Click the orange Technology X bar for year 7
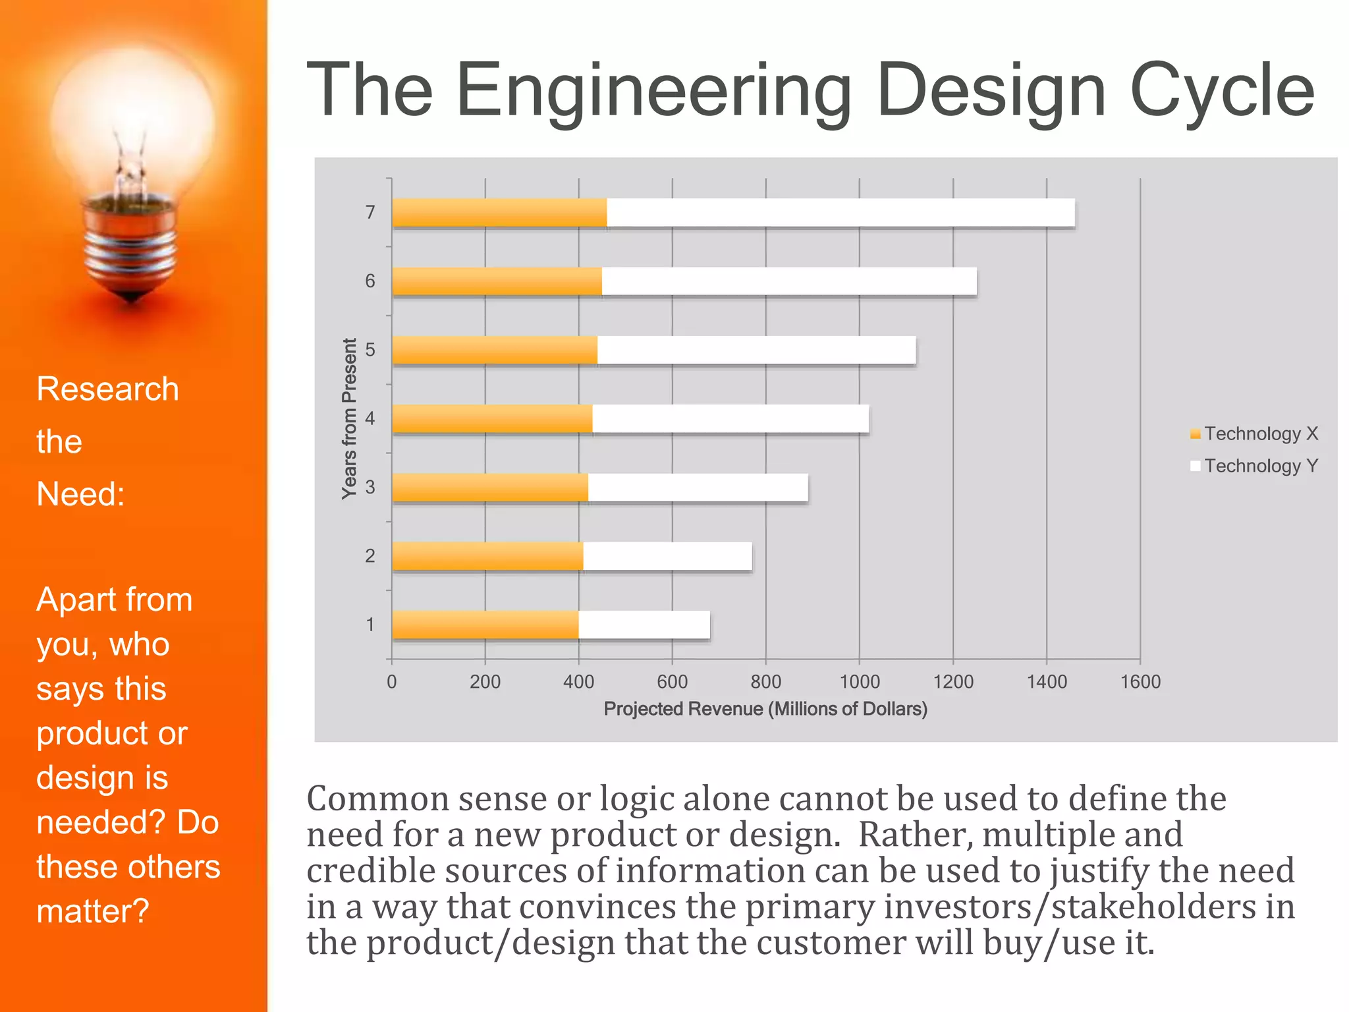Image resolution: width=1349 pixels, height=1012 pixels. pyautogui.click(x=499, y=213)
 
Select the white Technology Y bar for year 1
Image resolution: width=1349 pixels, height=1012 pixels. pyautogui.click(x=644, y=625)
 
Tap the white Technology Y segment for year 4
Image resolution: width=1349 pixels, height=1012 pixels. pyautogui.click(x=730, y=419)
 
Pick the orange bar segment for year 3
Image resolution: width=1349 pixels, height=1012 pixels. pyautogui.click(x=490, y=488)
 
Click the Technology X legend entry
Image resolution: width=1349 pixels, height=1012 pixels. pyautogui.click(x=1253, y=434)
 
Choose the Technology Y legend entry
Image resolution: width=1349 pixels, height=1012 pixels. pyautogui.click(x=1253, y=466)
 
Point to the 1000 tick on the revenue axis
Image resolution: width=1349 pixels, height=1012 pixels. pyautogui.click(x=859, y=681)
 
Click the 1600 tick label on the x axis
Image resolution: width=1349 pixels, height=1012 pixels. pyautogui.click(x=1140, y=681)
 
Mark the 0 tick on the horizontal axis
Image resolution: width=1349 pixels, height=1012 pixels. pyautogui.click(x=392, y=681)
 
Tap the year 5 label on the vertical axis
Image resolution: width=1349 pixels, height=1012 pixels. pyautogui.click(x=370, y=350)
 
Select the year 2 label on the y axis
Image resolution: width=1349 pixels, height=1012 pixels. pyautogui.click(x=370, y=556)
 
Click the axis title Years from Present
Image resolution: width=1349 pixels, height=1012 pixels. pyautogui.click(x=349, y=419)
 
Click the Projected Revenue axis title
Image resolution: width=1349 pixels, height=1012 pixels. pyautogui.click(x=765, y=709)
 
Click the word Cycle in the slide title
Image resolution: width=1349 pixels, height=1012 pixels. pyautogui.click(x=1221, y=90)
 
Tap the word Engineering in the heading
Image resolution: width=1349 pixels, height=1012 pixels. pyautogui.click(x=653, y=90)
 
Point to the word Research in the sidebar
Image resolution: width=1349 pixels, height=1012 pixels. pyautogui.click(x=107, y=389)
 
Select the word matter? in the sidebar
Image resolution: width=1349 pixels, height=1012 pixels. pyautogui.click(x=93, y=911)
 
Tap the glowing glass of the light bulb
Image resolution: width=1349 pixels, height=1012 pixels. pyautogui.click(x=132, y=112)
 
